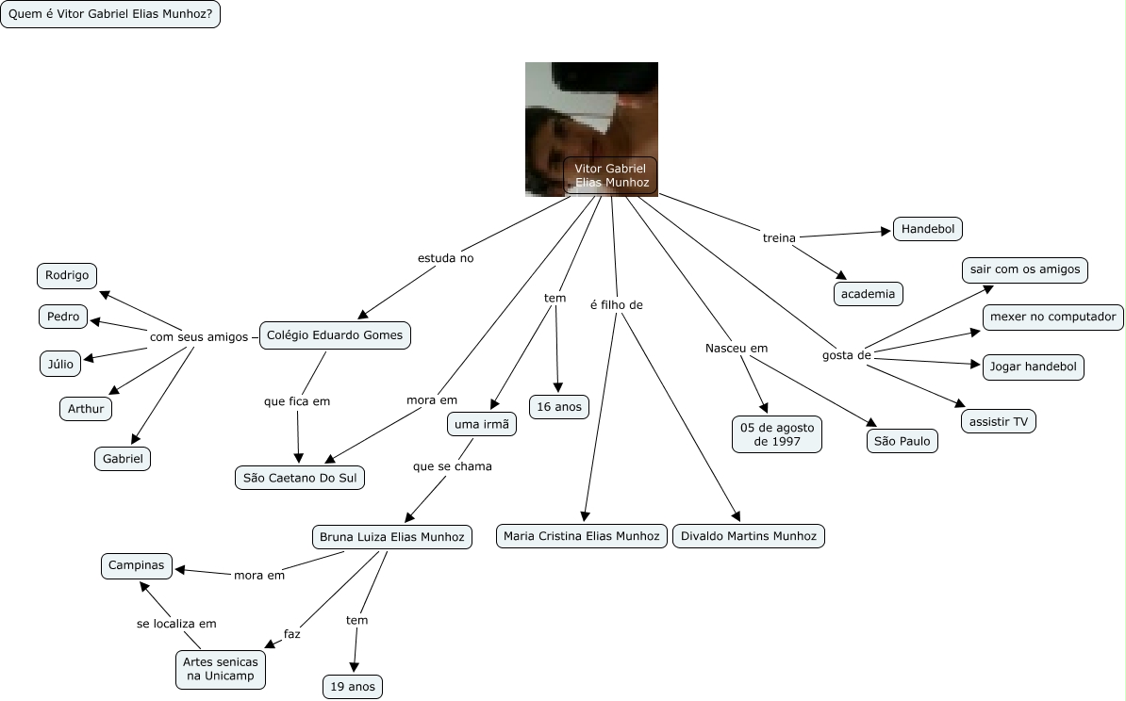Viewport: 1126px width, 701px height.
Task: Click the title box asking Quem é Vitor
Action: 110,14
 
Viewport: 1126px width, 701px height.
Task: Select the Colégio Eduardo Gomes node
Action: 335,335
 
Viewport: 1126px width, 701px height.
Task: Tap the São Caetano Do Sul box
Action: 300,478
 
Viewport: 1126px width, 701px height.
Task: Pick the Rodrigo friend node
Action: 67,275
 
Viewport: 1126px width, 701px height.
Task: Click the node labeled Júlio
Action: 60,364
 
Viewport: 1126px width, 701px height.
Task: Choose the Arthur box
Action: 86,409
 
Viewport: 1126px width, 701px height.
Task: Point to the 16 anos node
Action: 558,407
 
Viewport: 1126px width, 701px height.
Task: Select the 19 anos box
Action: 353,687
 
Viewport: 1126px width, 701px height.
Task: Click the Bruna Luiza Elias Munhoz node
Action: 392,537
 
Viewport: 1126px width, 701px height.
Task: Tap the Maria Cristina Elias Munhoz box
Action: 582,536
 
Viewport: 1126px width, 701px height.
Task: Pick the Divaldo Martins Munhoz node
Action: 748,536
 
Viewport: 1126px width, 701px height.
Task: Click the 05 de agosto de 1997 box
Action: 777,434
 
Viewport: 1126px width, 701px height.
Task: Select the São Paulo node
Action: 902,441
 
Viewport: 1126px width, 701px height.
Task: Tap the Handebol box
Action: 928,229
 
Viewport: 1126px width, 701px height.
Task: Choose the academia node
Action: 869,293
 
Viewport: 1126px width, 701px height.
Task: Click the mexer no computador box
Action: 1052,317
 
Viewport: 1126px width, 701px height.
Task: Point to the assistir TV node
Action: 998,421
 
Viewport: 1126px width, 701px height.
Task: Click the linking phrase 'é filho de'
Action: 616,305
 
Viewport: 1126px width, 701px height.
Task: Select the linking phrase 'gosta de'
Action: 847,355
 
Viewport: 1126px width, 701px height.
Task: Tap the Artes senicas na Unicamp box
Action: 221,669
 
